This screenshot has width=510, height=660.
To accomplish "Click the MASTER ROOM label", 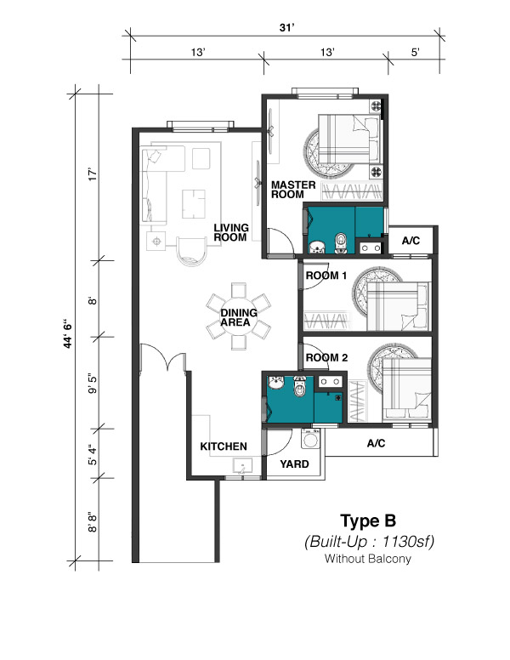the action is tap(293, 190).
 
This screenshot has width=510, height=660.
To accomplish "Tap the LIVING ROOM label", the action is tap(231, 232).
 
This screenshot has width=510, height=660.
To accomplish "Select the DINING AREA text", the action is tap(239, 317).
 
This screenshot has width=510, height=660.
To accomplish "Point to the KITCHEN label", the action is tap(224, 447).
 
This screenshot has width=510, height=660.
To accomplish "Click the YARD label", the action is tap(295, 464).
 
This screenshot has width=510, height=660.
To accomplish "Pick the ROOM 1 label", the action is tap(326, 276).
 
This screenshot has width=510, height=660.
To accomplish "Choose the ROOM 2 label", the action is tap(326, 358).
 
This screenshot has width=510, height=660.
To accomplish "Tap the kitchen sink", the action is tap(243, 466).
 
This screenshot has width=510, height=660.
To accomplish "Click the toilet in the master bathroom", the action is tap(340, 243).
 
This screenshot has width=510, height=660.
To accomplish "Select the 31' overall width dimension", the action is tap(286, 28).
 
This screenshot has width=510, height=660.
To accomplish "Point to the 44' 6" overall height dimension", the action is tap(67, 335).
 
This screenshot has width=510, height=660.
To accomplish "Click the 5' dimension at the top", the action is tap(416, 52).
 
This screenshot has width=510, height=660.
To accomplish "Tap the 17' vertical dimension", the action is tap(93, 175).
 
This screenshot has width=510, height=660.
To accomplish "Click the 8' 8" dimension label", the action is tap(93, 522).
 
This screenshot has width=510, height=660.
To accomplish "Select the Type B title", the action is tap(368, 521).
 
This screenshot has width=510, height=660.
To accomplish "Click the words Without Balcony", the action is tap(368, 559).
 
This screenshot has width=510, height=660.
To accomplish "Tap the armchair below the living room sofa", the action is tap(192, 250).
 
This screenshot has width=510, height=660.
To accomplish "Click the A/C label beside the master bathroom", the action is tap(411, 241).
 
